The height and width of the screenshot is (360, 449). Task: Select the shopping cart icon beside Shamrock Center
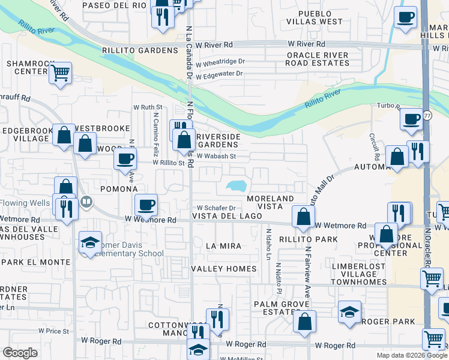(60, 73)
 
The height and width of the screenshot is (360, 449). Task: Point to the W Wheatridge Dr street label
(220, 61)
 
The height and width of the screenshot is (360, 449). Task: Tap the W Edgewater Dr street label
(218, 74)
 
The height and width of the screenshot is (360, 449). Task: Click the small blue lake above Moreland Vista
(237, 187)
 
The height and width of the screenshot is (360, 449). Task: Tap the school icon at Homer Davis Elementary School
(89, 242)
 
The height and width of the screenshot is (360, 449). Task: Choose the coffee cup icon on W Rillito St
(125, 159)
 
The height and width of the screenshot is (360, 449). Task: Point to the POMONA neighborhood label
(119, 189)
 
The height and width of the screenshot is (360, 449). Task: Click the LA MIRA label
(223, 246)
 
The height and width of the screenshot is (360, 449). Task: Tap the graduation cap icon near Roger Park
(349, 311)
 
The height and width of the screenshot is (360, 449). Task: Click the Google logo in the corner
(20, 353)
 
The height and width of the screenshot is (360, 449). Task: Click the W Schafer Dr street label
(215, 208)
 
